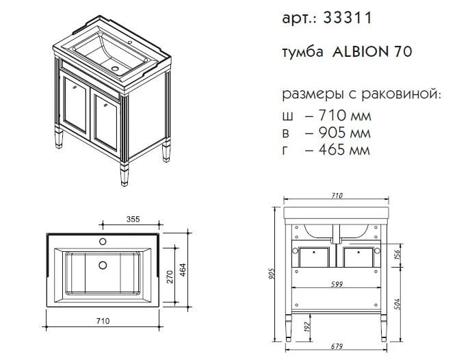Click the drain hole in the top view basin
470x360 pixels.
pyautogui.click(x=103, y=264)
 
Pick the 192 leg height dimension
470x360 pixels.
pyautogui.click(x=306, y=326)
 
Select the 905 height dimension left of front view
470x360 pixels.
pyautogui.click(x=272, y=274)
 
